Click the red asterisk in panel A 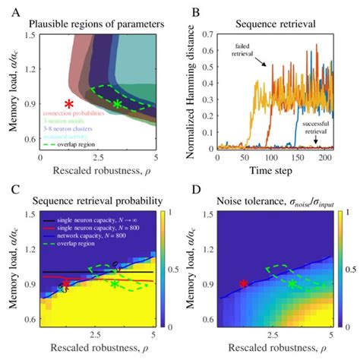coord(69,103)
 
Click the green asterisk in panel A coord(118,103)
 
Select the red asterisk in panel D coord(243,283)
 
